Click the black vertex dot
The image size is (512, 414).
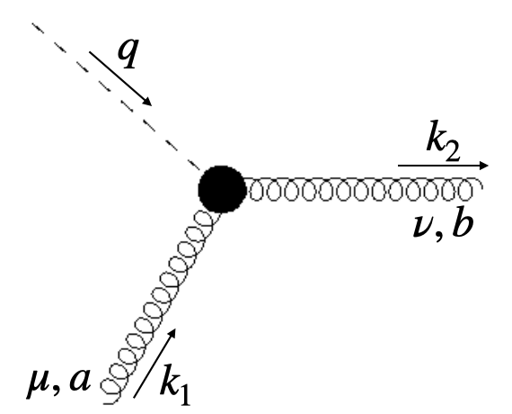[x=221, y=188]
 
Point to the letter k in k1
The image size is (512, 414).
[x=170, y=382]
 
